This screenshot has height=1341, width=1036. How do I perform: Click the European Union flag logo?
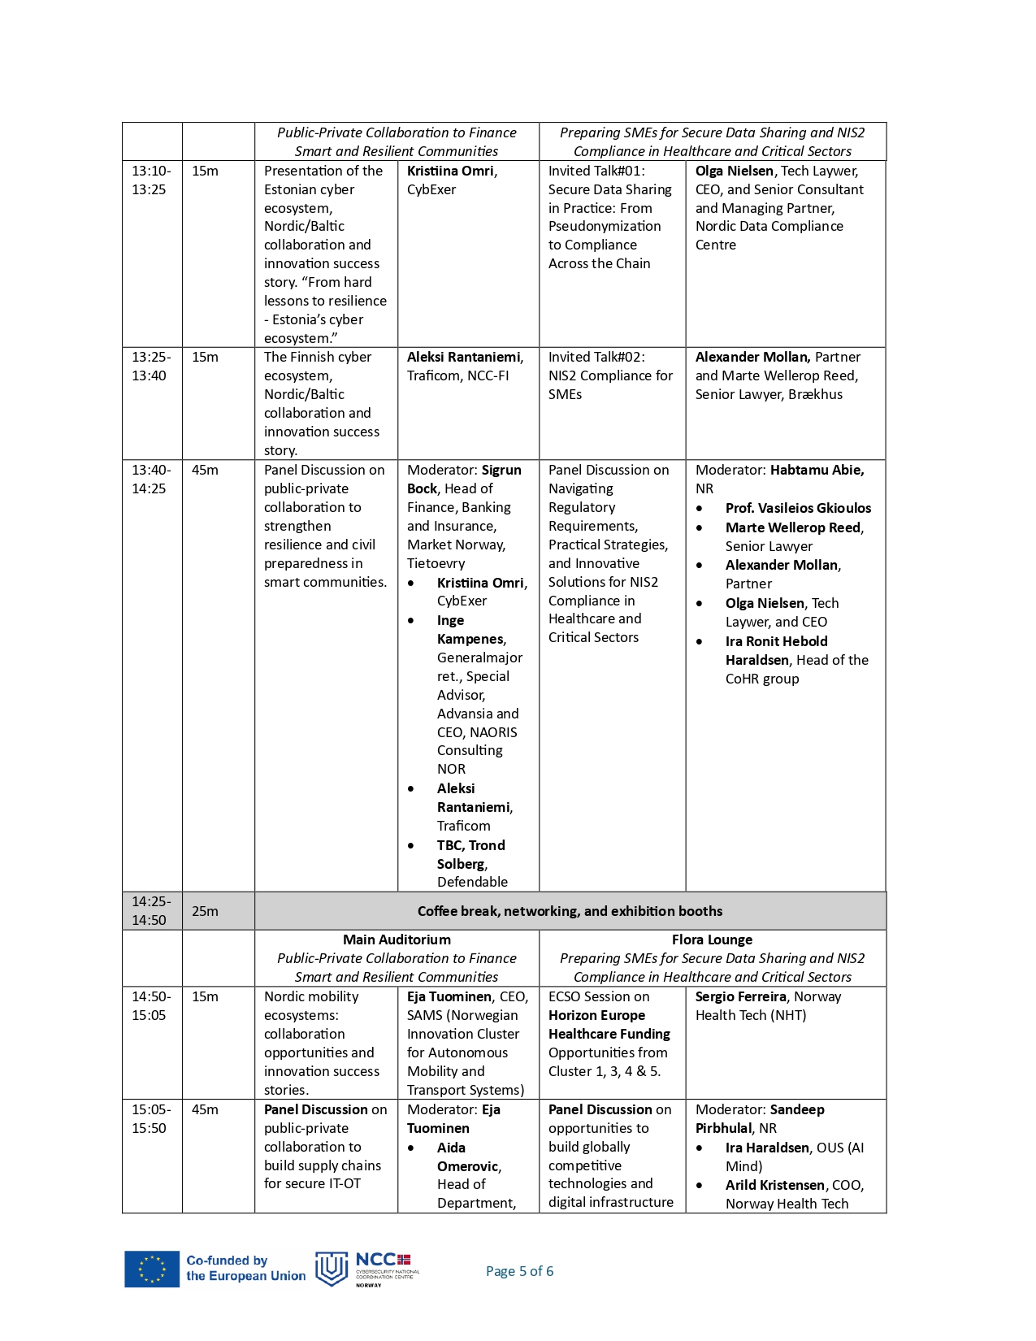152,1269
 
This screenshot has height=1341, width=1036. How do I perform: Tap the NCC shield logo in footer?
331,1269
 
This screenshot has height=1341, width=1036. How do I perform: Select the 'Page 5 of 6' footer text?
519,1271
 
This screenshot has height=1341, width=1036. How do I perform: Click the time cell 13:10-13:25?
151,180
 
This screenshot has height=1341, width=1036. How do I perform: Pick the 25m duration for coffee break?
205,911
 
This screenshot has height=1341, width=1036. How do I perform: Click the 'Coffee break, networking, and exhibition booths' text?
570,911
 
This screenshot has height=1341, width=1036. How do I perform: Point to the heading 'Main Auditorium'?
397,940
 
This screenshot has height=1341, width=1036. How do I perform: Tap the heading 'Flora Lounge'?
712,940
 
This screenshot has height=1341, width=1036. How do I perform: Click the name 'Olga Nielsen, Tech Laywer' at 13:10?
776,171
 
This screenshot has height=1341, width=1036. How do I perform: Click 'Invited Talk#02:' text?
596,357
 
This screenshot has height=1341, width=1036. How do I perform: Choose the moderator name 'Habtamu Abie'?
817,470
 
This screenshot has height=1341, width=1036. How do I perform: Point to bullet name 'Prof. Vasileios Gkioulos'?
798,508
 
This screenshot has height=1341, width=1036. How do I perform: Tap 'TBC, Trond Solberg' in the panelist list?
470,854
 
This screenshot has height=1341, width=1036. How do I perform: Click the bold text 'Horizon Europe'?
596,1015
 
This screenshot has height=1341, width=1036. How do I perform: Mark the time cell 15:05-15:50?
151,1118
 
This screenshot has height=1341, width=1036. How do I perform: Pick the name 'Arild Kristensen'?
774,1185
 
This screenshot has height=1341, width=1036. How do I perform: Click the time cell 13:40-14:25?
151,479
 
